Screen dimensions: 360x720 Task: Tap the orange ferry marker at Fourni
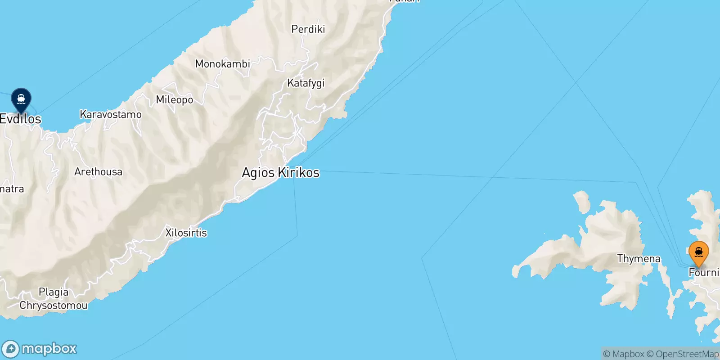(x=698, y=252)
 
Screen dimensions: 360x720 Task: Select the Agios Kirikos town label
(x=280, y=172)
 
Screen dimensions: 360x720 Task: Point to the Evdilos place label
(x=21, y=119)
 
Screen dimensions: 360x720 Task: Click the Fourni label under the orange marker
(x=703, y=273)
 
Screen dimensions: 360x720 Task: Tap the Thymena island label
(x=639, y=259)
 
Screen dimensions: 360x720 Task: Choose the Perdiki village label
(x=308, y=29)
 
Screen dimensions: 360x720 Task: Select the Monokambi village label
(x=222, y=64)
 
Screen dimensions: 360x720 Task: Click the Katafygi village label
(x=306, y=83)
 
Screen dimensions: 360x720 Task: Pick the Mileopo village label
(x=174, y=100)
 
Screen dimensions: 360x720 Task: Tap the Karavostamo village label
(x=110, y=115)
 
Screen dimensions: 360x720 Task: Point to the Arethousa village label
(x=98, y=172)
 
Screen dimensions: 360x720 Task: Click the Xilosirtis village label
(x=186, y=233)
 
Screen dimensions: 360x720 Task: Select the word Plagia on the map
(x=54, y=292)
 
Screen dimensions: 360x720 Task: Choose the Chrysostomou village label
(x=53, y=306)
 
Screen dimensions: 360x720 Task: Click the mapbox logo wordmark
(x=49, y=349)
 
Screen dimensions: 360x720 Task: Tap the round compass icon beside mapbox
(x=10, y=349)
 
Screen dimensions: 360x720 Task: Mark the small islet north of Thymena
(x=581, y=201)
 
